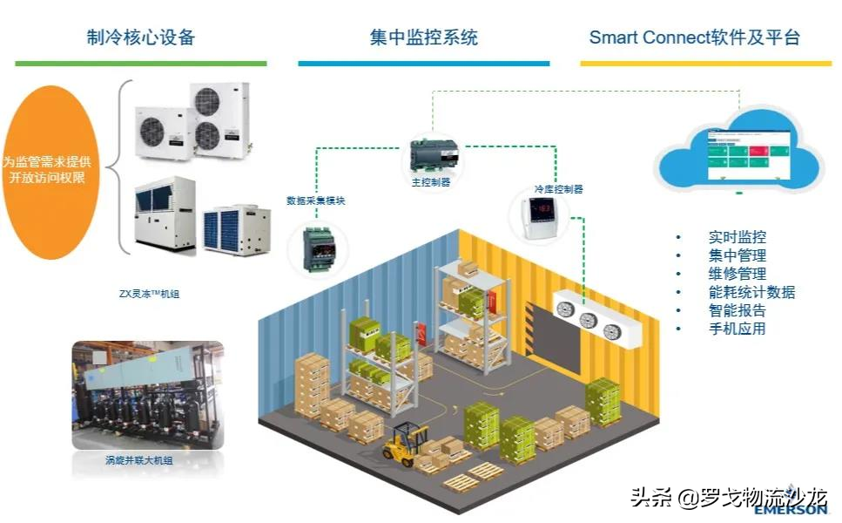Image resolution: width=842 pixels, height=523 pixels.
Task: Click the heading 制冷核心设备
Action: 140,37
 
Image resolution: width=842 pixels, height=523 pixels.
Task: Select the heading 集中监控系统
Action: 423,37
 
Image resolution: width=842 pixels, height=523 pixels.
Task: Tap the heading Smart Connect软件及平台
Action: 694,37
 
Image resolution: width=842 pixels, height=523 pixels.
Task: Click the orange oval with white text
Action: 55,171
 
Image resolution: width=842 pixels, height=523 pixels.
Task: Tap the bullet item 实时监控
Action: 737,237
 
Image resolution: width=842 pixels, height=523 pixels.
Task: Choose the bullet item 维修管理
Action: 737,274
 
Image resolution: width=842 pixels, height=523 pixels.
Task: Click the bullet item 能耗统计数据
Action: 751,292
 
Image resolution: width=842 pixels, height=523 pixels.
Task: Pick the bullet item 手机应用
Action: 737,329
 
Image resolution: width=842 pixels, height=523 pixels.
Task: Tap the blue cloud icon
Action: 739,148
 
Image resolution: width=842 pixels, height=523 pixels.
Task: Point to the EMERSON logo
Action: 796,509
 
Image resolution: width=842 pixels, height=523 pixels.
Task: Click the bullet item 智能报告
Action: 737,310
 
